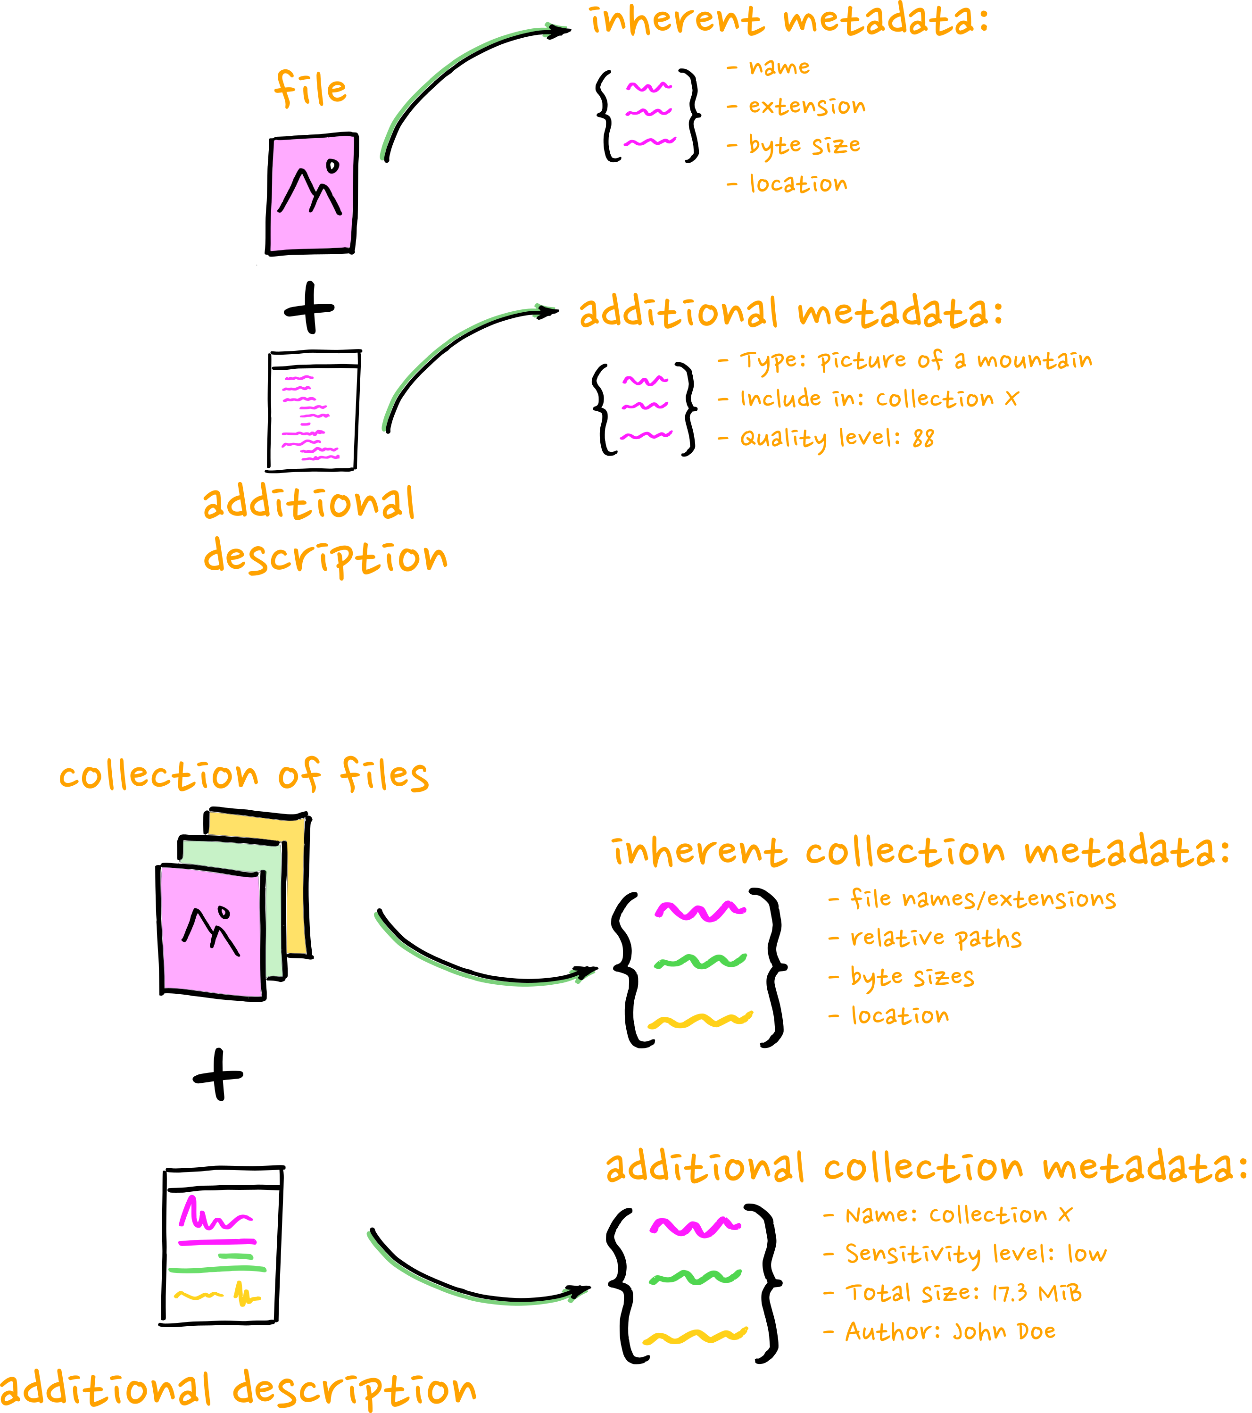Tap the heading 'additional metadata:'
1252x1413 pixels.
click(790, 313)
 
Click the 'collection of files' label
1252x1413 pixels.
click(243, 775)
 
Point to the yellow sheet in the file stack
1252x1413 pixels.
click(294, 885)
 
